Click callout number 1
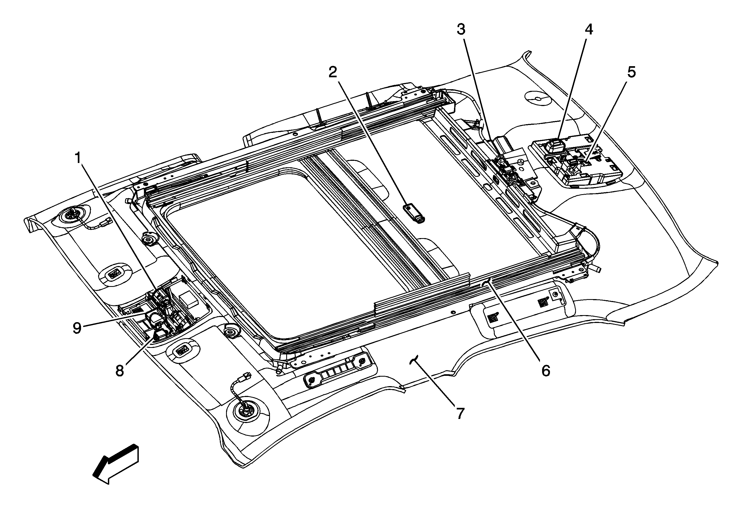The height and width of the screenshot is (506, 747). pyautogui.click(x=78, y=158)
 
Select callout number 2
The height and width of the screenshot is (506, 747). pyautogui.click(x=333, y=72)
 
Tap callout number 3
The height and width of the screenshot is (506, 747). pyautogui.click(x=461, y=30)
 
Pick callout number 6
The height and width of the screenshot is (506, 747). pyautogui.click(x=546, y=371)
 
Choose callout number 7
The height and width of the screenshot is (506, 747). pyautogui.click(x=460, y=414)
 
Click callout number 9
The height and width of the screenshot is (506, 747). pyautogui.click(x=77, y=328)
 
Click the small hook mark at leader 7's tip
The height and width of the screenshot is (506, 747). pyautogui.click(x=414, y=359)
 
